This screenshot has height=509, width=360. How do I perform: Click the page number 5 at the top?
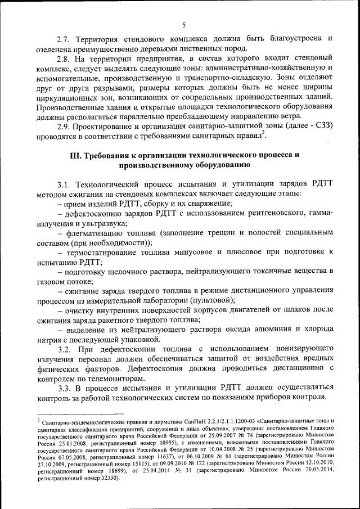coord(184,24)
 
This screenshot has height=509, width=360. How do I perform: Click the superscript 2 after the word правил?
coord(264,134)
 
